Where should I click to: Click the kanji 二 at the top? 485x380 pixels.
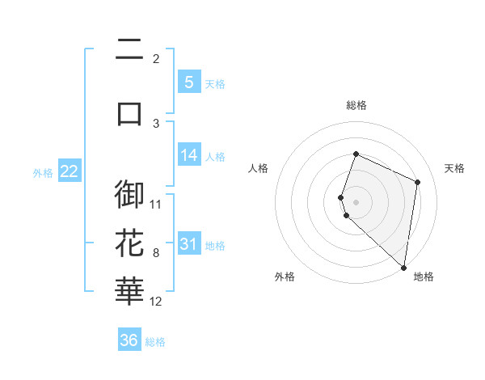pos(129,51)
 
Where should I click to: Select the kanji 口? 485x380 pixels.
pos(129,112)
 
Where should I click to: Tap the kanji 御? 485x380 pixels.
pos(129,195)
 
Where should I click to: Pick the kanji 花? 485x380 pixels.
pos(129,243)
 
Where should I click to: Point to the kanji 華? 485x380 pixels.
pos(129,292)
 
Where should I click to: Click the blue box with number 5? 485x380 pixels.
pos(188,82)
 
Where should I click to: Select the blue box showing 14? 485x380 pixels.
pos(188,154)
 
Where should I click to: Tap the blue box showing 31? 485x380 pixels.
pos(188,243)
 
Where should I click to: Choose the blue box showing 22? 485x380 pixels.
pos(69,171)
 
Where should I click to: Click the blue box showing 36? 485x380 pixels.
pos(129,340)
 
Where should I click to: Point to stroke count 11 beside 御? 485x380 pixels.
pos(156,204)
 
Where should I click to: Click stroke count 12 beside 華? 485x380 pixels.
pos(156,301)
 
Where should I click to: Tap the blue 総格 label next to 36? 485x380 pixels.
pos(155,342)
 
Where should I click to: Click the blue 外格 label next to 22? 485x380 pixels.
pos(43,172)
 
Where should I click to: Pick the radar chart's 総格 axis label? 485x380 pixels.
pos(356,105)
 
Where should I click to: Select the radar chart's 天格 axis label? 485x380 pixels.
pos(454,168)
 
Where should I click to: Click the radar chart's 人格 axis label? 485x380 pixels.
pos(259,168)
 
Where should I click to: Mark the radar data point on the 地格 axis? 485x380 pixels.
pos(404,268)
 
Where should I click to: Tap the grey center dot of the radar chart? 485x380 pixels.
pos(356,201)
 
